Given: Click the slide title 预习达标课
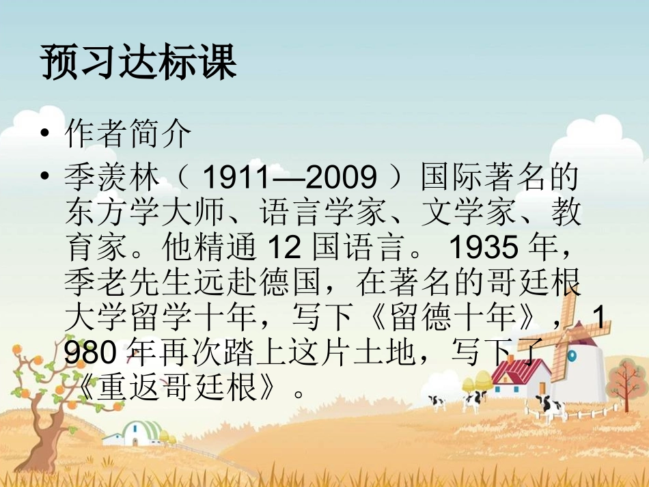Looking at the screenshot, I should coord(139,63).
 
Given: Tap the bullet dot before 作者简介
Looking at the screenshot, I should coord(45,135).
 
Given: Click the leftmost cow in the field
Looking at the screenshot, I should coord(436,402).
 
